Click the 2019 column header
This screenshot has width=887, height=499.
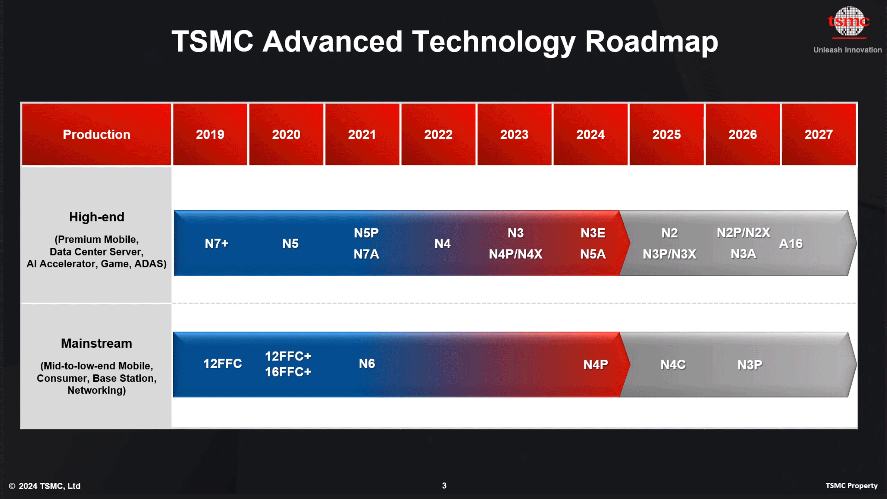[210, 134]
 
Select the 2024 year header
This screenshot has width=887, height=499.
[590, 134]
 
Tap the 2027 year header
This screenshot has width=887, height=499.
[818, 134]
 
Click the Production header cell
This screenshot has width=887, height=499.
[96, 134]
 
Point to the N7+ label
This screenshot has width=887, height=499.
[216, 243]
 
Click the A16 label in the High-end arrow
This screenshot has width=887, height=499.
[791, 243]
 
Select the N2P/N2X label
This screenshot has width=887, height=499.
[743, 232]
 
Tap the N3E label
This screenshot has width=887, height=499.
[593, 233]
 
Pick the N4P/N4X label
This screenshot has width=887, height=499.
[516, 254]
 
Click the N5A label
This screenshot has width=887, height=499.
[593, 254]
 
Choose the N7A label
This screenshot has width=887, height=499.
[366, 254]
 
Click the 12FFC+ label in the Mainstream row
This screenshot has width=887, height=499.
[288, 356]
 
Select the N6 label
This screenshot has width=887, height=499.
[367, 364]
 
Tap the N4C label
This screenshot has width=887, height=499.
[673, 365]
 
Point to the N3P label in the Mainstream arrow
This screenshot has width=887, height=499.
[750, 365]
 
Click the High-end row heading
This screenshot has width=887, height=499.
[96, 217]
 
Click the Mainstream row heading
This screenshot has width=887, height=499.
[96, 343]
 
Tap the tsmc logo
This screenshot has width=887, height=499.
[848, 22]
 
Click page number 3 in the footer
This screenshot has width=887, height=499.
[444, 486]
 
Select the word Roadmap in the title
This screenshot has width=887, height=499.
[651, 41]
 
